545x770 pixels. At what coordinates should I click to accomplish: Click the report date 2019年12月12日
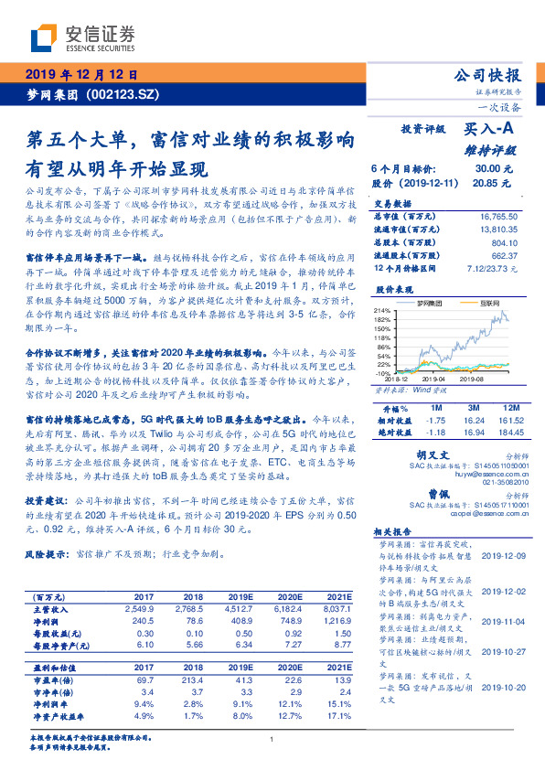(x=83, y=75)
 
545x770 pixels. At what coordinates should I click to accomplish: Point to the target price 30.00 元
(x=487, y=169)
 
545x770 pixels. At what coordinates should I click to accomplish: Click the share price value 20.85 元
(x=487, y=183)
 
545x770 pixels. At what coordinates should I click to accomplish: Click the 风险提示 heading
(x=47, y=554)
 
